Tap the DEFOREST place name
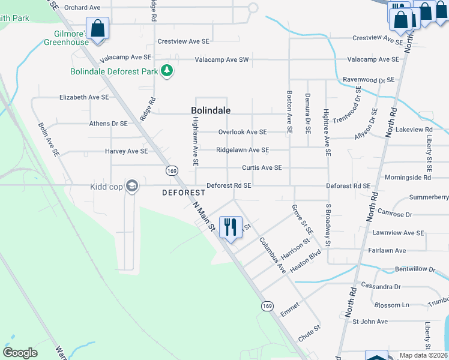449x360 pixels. click(184, 193)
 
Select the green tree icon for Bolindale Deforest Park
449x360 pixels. click(167, 71)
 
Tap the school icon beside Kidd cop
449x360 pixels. click(132, 187)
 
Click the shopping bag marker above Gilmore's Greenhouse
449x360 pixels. click(98, 28)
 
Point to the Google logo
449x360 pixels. click(20, 353)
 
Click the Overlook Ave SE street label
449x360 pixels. click(243, 132)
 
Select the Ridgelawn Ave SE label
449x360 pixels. click(243, 150)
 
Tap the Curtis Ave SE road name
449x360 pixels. click(262, 168)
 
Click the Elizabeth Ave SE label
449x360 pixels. click(84, 97)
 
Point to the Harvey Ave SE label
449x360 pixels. click(126, 151)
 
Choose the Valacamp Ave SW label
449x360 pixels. click(221, 59)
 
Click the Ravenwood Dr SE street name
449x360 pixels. click(368, 80)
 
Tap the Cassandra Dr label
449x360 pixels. click(380, 287)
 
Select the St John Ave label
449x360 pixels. click(370, 322)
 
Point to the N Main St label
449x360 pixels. click(204, 216)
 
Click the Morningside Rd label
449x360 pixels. click(408, 178)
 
